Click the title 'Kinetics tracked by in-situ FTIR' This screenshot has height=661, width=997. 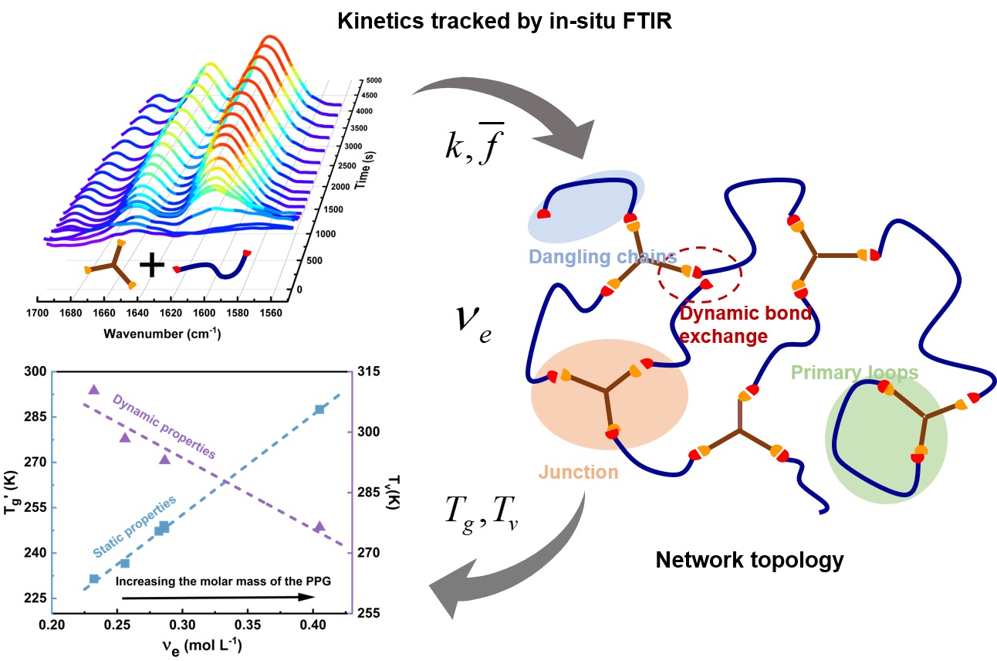[x=504, y=22]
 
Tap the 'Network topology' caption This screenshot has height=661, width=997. [x=749, y=561]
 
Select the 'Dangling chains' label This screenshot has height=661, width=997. [x=602, y=257]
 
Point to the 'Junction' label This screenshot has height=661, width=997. [x=578, y=472]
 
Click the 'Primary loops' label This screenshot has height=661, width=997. [x=854, y=373]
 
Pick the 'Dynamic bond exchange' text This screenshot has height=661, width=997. [x=745, y=325]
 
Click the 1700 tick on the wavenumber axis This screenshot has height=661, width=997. [x=37, y=314]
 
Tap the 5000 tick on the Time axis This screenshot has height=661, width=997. [x=373, y=80]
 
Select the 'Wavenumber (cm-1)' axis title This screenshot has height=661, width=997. [x=162, y=334]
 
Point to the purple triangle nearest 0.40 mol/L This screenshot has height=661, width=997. [x=319, y=527]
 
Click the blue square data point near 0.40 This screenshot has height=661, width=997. [x=319, y=410]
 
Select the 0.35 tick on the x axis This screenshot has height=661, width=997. [x=248, y=625]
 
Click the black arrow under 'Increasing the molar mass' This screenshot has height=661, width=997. [x=218, y=598]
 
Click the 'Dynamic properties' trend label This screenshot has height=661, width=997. [x=164, y=426]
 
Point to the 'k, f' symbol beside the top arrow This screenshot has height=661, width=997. [x=475, y=144]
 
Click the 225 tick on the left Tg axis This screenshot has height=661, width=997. [x=36, y=598]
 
